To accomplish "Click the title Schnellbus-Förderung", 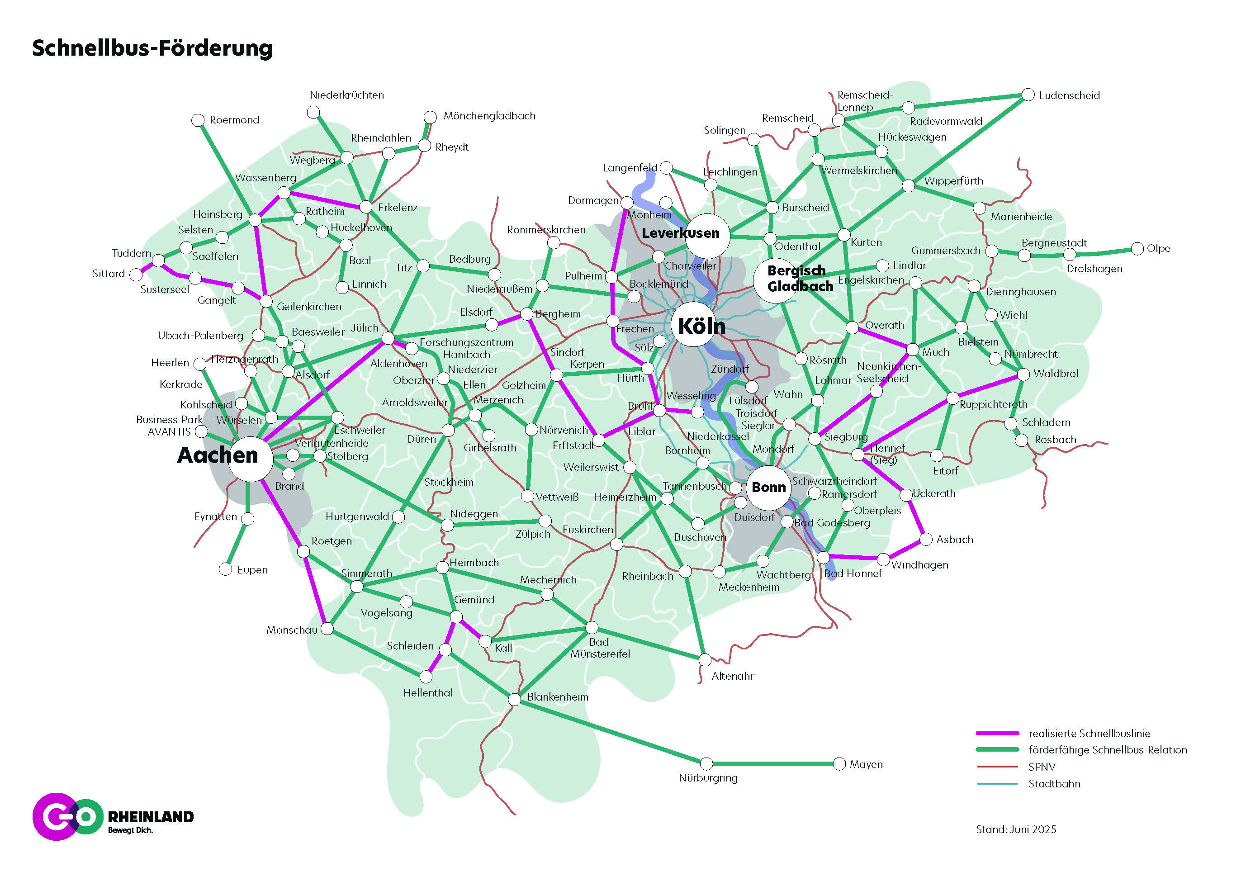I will coord(152,48).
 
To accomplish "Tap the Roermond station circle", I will coord(198,120).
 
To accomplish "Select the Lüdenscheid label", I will coord(1069,95).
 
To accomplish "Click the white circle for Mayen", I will coord(839,764).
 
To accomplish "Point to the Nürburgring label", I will coord(708,778).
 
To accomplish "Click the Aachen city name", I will coord(217,455).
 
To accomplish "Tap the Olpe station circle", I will coord(1137,249).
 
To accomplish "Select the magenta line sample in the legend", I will coord(997,734).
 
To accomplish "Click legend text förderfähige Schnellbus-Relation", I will coord(1107,750).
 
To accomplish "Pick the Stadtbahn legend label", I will coord(1054,783).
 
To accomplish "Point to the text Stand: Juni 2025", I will coord(1016,829).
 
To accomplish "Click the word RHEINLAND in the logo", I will coord(151,817).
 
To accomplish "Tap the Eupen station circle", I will coord(225,569).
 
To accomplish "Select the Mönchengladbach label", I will coord(489,116).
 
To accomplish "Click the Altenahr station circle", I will coord(704,659).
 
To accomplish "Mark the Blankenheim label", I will coord(557,697).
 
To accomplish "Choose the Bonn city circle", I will coord(768,488).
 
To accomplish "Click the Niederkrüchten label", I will coord(347,95).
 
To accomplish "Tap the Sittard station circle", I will coord(136,275).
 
